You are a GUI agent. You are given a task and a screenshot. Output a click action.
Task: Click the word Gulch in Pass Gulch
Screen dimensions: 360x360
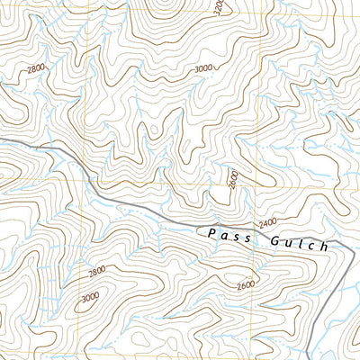[x=299, y=242]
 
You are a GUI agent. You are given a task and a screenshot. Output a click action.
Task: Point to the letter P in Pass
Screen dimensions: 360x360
[x=209, y=233]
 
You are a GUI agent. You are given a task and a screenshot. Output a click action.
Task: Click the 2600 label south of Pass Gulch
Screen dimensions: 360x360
[x=247, y=286]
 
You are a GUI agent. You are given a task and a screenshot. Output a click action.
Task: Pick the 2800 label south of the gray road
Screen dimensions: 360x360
[x=96, y=270]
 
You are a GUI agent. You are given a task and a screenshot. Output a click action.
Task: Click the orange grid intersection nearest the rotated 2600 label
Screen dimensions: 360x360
[x=259, y=184]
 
